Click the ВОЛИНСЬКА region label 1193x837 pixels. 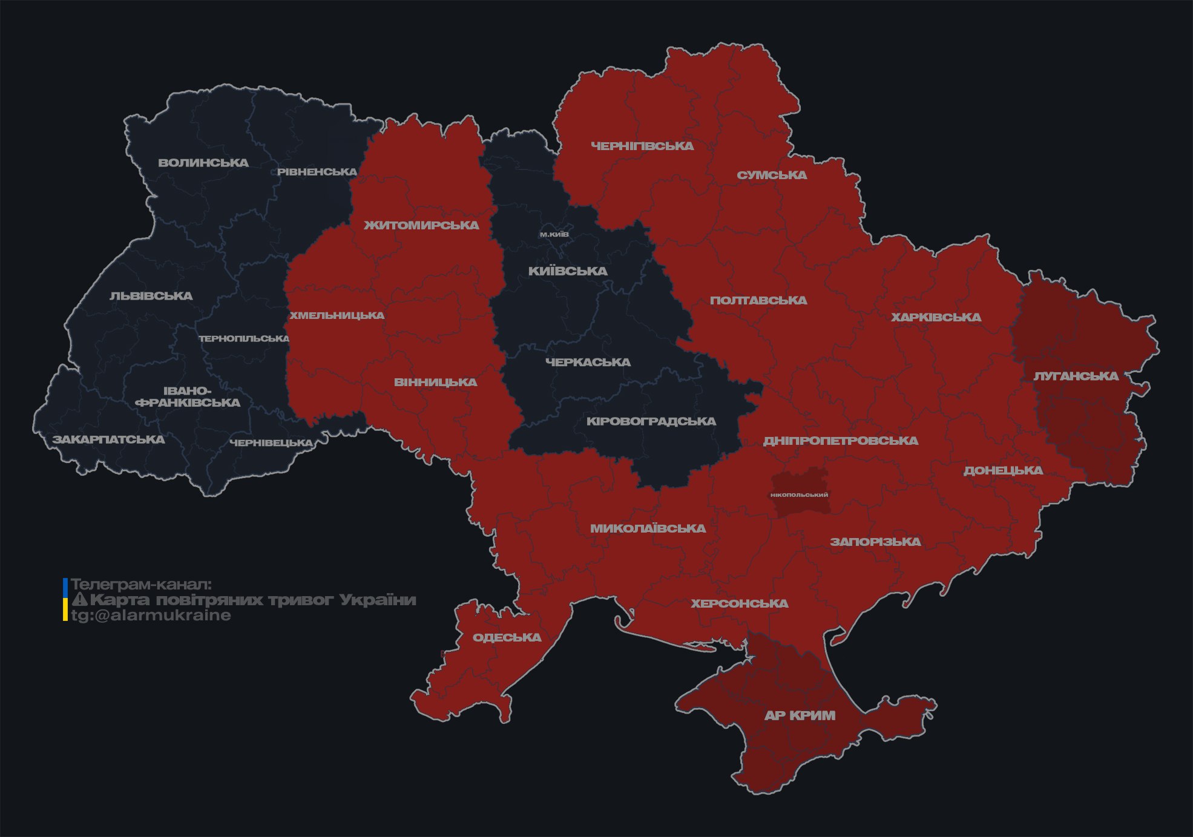pos(203,163)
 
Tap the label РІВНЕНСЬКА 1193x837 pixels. pos(317,172)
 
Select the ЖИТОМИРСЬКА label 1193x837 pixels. pos(421,225)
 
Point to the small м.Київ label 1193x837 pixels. pos(554,234)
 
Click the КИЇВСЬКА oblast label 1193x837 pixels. pos(568,271)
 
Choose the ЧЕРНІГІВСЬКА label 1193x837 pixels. pos(642,146)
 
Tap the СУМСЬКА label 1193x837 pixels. pos(772,175)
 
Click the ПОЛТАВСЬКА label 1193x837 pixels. pos(758,300)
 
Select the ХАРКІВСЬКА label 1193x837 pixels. pos(936,317)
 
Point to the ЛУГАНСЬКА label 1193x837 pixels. pos(1076,376)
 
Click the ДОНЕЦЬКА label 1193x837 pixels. pos(1003,470)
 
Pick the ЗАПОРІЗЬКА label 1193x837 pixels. pos(875,542)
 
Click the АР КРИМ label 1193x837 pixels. pos(800,715)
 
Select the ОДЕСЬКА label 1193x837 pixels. pos(507,637)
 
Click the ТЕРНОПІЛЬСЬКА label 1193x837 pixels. pos(245,338)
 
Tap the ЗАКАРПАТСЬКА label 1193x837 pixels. pos(108,439)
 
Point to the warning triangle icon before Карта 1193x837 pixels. pos(79,600)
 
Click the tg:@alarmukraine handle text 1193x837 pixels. pos(151,615)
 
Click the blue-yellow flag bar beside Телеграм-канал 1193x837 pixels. pos(65,600)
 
